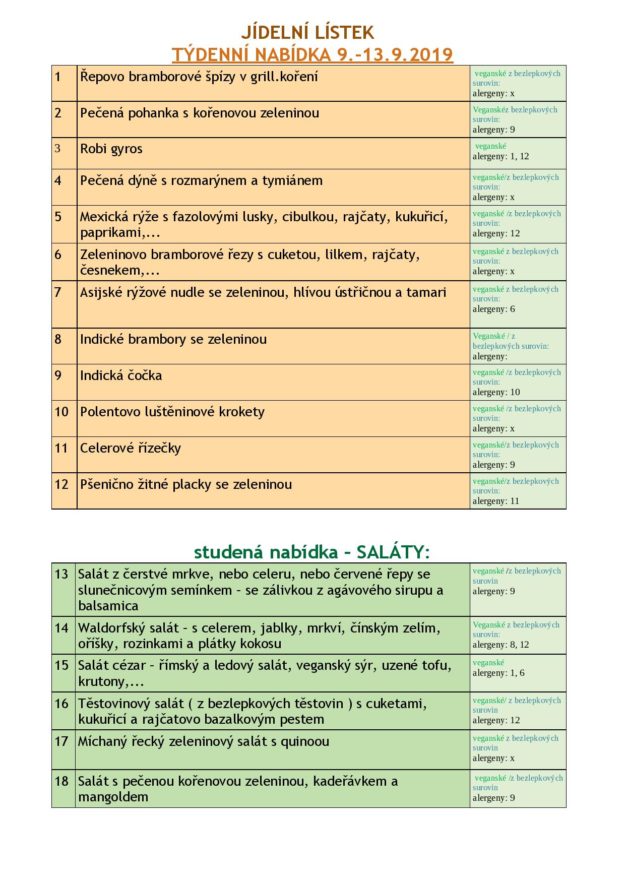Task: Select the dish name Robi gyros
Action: (x=111, y=149)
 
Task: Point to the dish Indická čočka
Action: (x=121, y=375)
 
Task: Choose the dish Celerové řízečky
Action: (x=130, y=447)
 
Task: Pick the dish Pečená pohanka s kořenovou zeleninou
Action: (x=199, y=113)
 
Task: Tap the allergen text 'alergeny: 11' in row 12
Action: (x=496, y=500)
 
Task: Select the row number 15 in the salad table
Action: (x=61, y=664)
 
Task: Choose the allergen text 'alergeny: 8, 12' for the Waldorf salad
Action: (x=501, y=645)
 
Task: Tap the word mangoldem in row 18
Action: (x=114, y=797)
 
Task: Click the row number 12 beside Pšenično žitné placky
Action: (x=61, y=484)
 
